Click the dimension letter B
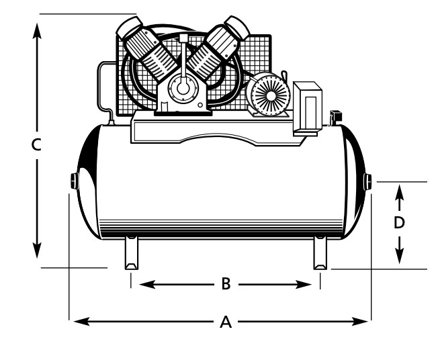point(226,285)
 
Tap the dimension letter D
point(399,222)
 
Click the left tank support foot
point(130,254)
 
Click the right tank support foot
point(320,254)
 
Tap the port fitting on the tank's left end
point(74,181)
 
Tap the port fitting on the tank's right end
point(368,181)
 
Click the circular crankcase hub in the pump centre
point(181,87)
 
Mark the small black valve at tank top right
point(336,118)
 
